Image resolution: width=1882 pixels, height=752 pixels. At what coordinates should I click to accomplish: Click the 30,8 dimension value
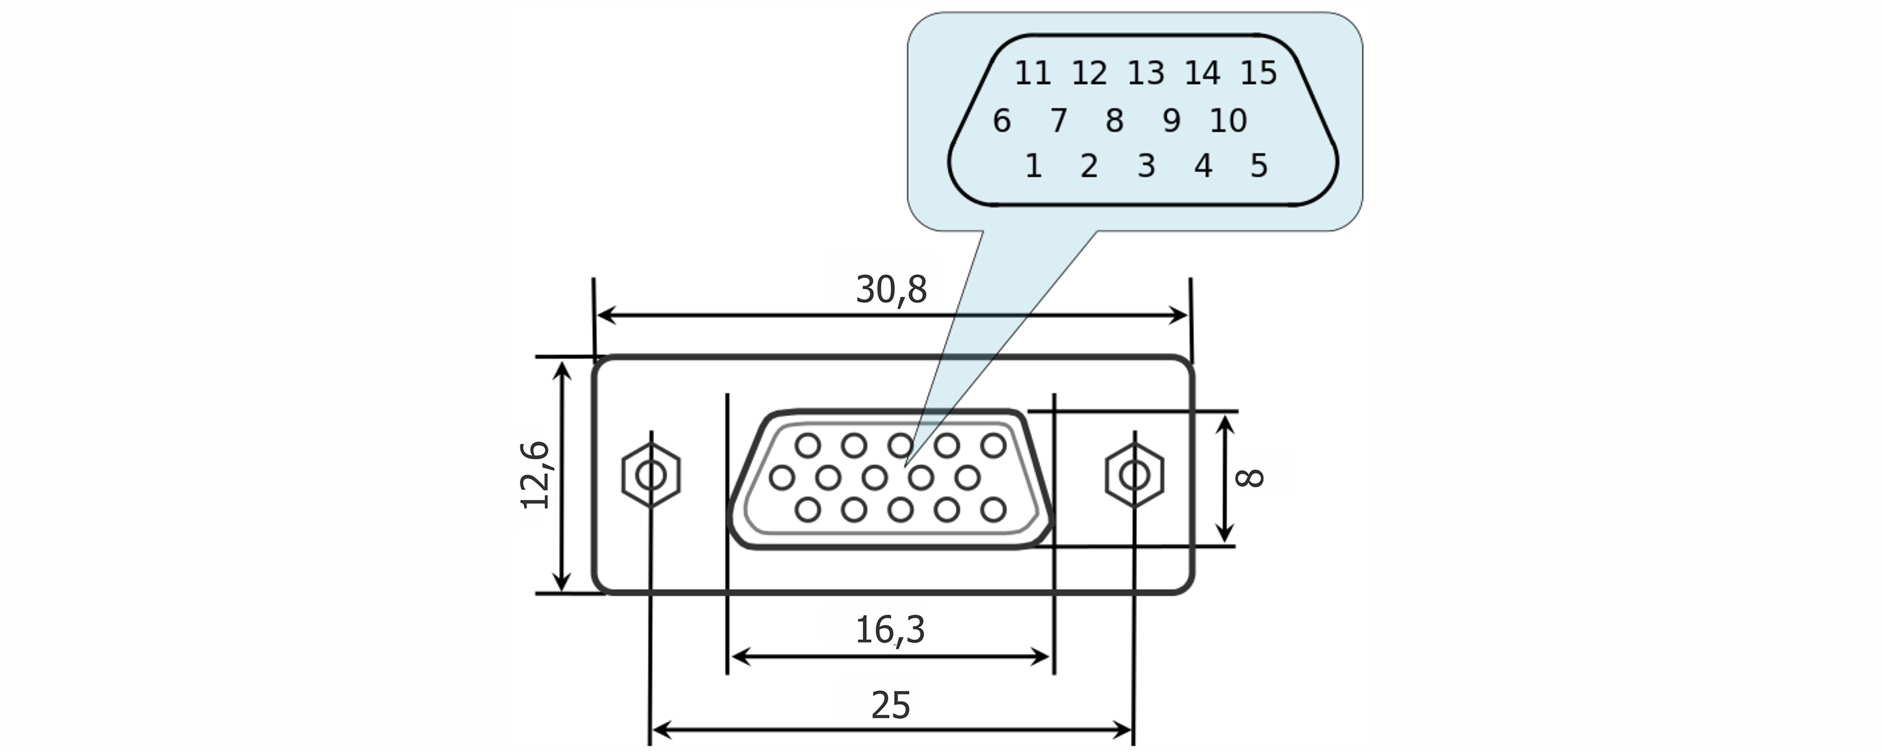(x=890, y=290)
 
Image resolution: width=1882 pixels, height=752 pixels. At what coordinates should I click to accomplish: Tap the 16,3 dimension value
(x=889, y=629)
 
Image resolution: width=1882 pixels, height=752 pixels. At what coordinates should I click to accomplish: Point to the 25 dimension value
(x=890, y=706)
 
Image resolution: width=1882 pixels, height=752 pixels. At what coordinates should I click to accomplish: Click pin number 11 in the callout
(x=1032, y=73)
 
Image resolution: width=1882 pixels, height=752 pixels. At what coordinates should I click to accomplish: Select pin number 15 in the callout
(x=1258, y=73)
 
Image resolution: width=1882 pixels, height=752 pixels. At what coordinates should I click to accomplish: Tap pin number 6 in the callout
(x=1002, y=120)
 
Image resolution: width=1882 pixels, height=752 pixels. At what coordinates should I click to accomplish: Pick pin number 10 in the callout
(x=1227, y=120)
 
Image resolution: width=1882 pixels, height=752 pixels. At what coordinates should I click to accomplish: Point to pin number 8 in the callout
(x=1114, y=120)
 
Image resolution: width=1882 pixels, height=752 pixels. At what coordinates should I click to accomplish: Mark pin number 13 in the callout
(x=1146, y=73)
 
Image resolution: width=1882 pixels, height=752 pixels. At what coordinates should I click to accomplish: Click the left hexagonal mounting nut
(x=651, y=475)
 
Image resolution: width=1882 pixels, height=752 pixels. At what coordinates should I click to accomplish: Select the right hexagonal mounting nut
(x=1134, y=475)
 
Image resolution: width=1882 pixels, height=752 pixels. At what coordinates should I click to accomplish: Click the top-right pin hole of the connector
(x=993, y=445)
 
